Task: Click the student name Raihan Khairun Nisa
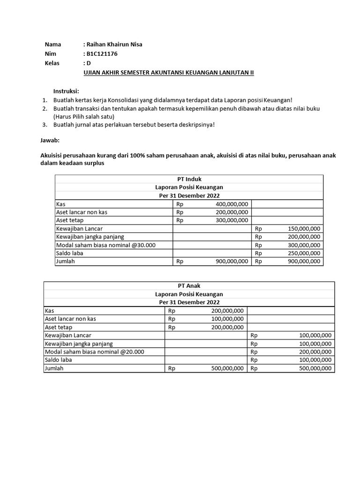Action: (113, 45)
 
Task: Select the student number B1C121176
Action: (102, 54)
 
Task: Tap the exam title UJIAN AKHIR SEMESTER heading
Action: (168, 73)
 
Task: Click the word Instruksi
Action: (66, 91)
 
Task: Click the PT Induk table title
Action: (189, 179)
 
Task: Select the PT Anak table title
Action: (189, 285)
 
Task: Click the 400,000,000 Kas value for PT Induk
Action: (232, 204)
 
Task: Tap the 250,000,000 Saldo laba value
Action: (304, 253)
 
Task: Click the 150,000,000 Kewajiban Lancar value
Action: (304, 228)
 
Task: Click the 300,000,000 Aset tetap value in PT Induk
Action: (232, 220)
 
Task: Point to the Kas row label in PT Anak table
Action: (49, 310)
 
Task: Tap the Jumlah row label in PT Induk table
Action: (65, 261)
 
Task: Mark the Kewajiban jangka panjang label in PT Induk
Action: (90, 237)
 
